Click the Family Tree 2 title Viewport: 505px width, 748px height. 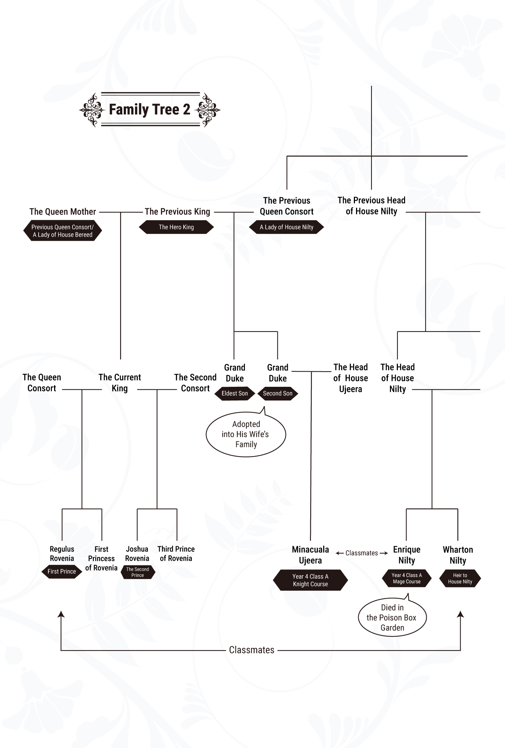click(x=149, y=109)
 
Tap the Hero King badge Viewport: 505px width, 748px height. click(x=176, y=227)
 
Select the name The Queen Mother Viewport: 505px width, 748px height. click(x=63, y=211)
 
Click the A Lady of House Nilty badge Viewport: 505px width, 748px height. click(x=286, y=227)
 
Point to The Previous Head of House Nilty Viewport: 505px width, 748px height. click(x=372, y=206)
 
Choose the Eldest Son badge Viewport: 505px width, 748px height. click(x=234, y=393)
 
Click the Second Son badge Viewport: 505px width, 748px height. click(x=277, y=393)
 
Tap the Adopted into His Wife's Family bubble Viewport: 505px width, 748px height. click(x=246, y=434)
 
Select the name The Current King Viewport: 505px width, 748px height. click(x=120, y=382)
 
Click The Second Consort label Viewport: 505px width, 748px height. click(x=195, y=382)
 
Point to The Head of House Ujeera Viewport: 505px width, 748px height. click(x=351, y=378)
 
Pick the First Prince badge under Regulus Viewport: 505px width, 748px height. click(x=62, y=571)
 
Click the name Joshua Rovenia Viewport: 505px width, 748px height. click(x=137, y=554)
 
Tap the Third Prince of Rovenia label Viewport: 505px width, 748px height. click(x=176, y=554)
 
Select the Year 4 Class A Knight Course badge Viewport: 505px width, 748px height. click(x=310, y=580)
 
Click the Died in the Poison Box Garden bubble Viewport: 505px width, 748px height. click(x=392, y=617)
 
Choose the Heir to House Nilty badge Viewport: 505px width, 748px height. click(x=460, y=578)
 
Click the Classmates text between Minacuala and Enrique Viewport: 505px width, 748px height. click(x=361, y=553)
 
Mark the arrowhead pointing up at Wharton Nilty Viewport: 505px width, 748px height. click(x=460, y=614)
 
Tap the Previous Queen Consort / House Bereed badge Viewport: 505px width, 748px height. click(x=62, y=231)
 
